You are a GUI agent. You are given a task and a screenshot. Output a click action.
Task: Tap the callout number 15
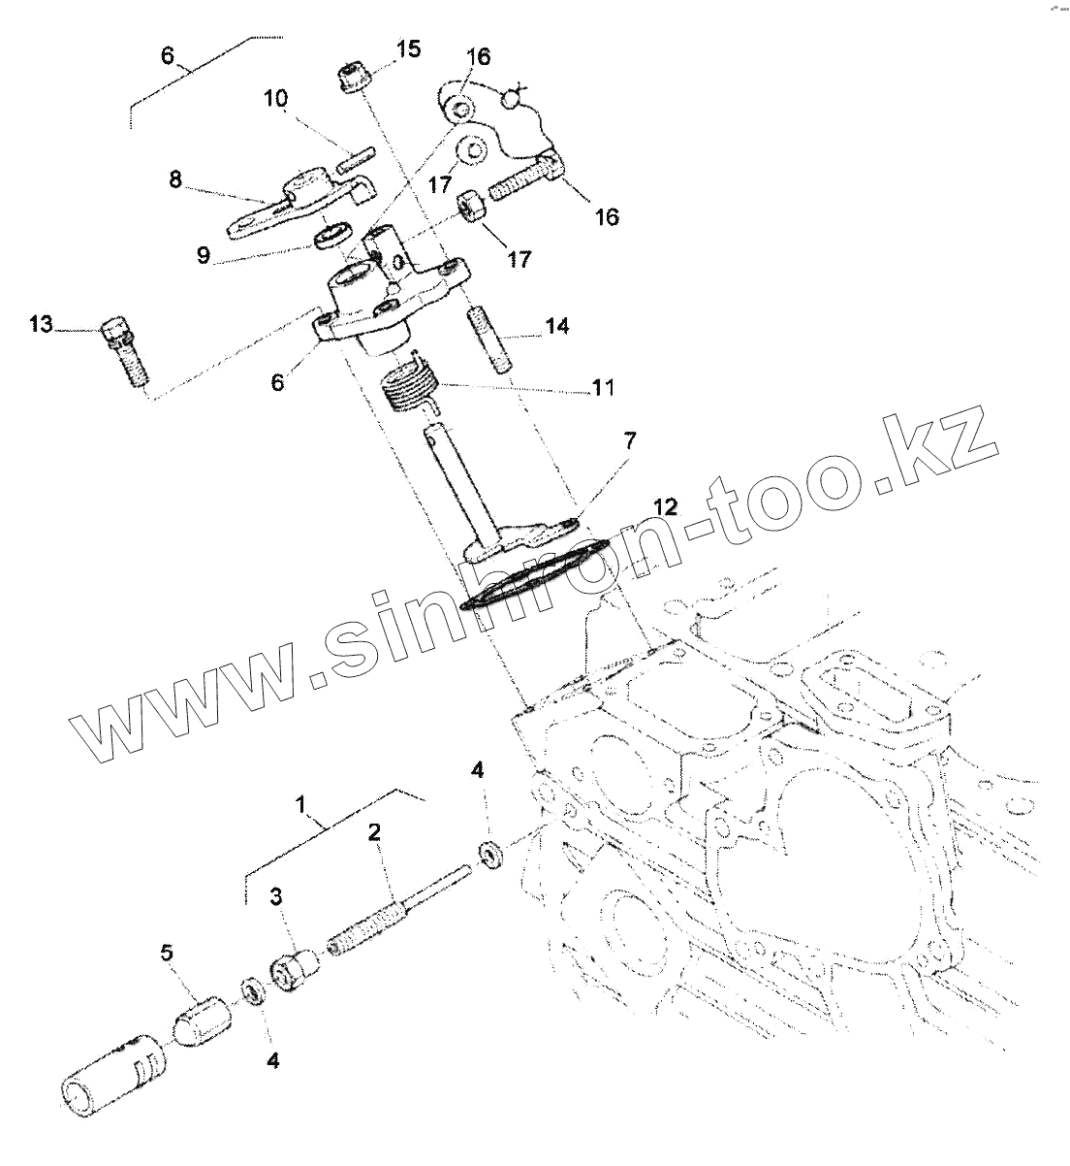[x=408, y=49]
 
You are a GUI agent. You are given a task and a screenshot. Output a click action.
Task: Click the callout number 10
[x=275, y=98]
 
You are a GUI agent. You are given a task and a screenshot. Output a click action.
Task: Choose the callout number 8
[x=175, y=179]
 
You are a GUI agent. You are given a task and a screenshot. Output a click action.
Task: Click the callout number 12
[x=664, y=505]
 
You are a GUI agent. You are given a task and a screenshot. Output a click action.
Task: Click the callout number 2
[x=373, y=831]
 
